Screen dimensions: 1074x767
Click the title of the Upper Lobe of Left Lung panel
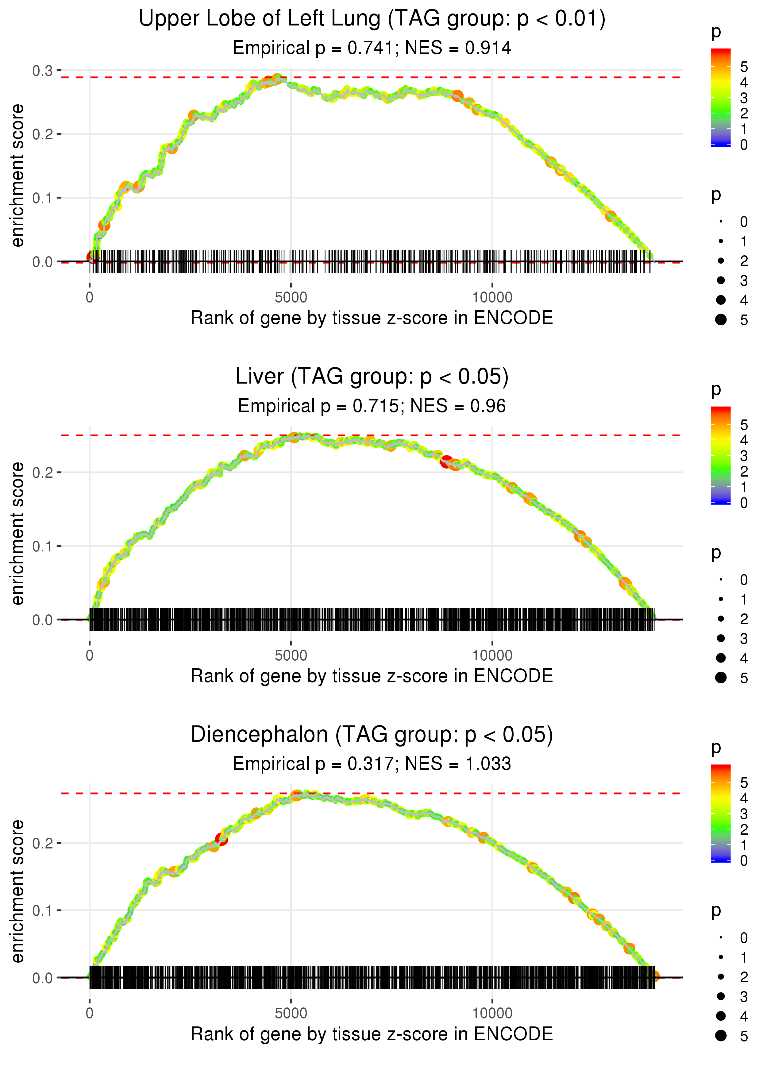click(372, 19)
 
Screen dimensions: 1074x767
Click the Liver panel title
click(372, 377)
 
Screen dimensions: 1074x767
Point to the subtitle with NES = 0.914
click(372, 48)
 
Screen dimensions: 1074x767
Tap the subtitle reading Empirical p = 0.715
click(372, 406)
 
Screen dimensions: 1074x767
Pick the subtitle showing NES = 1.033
click(372, 764)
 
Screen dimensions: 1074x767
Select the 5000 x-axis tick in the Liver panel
click(291, 655)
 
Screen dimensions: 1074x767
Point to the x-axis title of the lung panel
click(372, 318)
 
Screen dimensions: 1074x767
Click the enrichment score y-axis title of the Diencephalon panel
click(17, 891)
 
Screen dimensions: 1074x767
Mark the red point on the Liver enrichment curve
click(446, 462)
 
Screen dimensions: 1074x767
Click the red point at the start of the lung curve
click(92, 257)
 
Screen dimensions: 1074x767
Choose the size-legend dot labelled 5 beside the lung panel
click(721, 320)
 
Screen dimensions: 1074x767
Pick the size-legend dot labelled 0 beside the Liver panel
click(721, 580)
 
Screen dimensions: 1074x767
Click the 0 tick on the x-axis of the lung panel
click(90, 298)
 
